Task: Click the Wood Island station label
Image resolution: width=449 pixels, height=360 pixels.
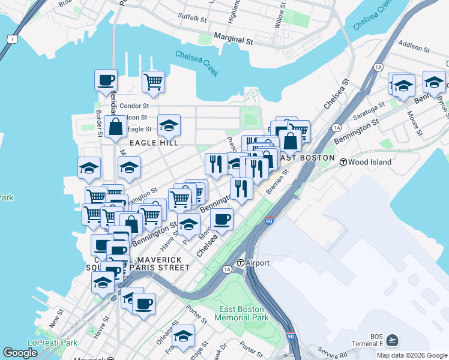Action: tap(370, 162)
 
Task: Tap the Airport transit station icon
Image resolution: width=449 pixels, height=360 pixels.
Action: tap(241, 263)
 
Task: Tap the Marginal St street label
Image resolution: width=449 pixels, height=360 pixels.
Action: tap(233, 40)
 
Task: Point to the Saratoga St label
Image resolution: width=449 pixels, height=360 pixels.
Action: tap(369, 110)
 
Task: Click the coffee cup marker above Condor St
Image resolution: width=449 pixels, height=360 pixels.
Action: tap(106, 80)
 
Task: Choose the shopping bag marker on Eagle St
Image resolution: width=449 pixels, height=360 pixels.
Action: tap(115, 127)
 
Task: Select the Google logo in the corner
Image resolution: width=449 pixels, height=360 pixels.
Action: tap(20, 353)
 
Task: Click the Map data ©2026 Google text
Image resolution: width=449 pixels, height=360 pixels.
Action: tap(412, 355)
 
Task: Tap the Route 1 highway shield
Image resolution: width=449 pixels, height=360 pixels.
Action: tap(11, 39)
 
